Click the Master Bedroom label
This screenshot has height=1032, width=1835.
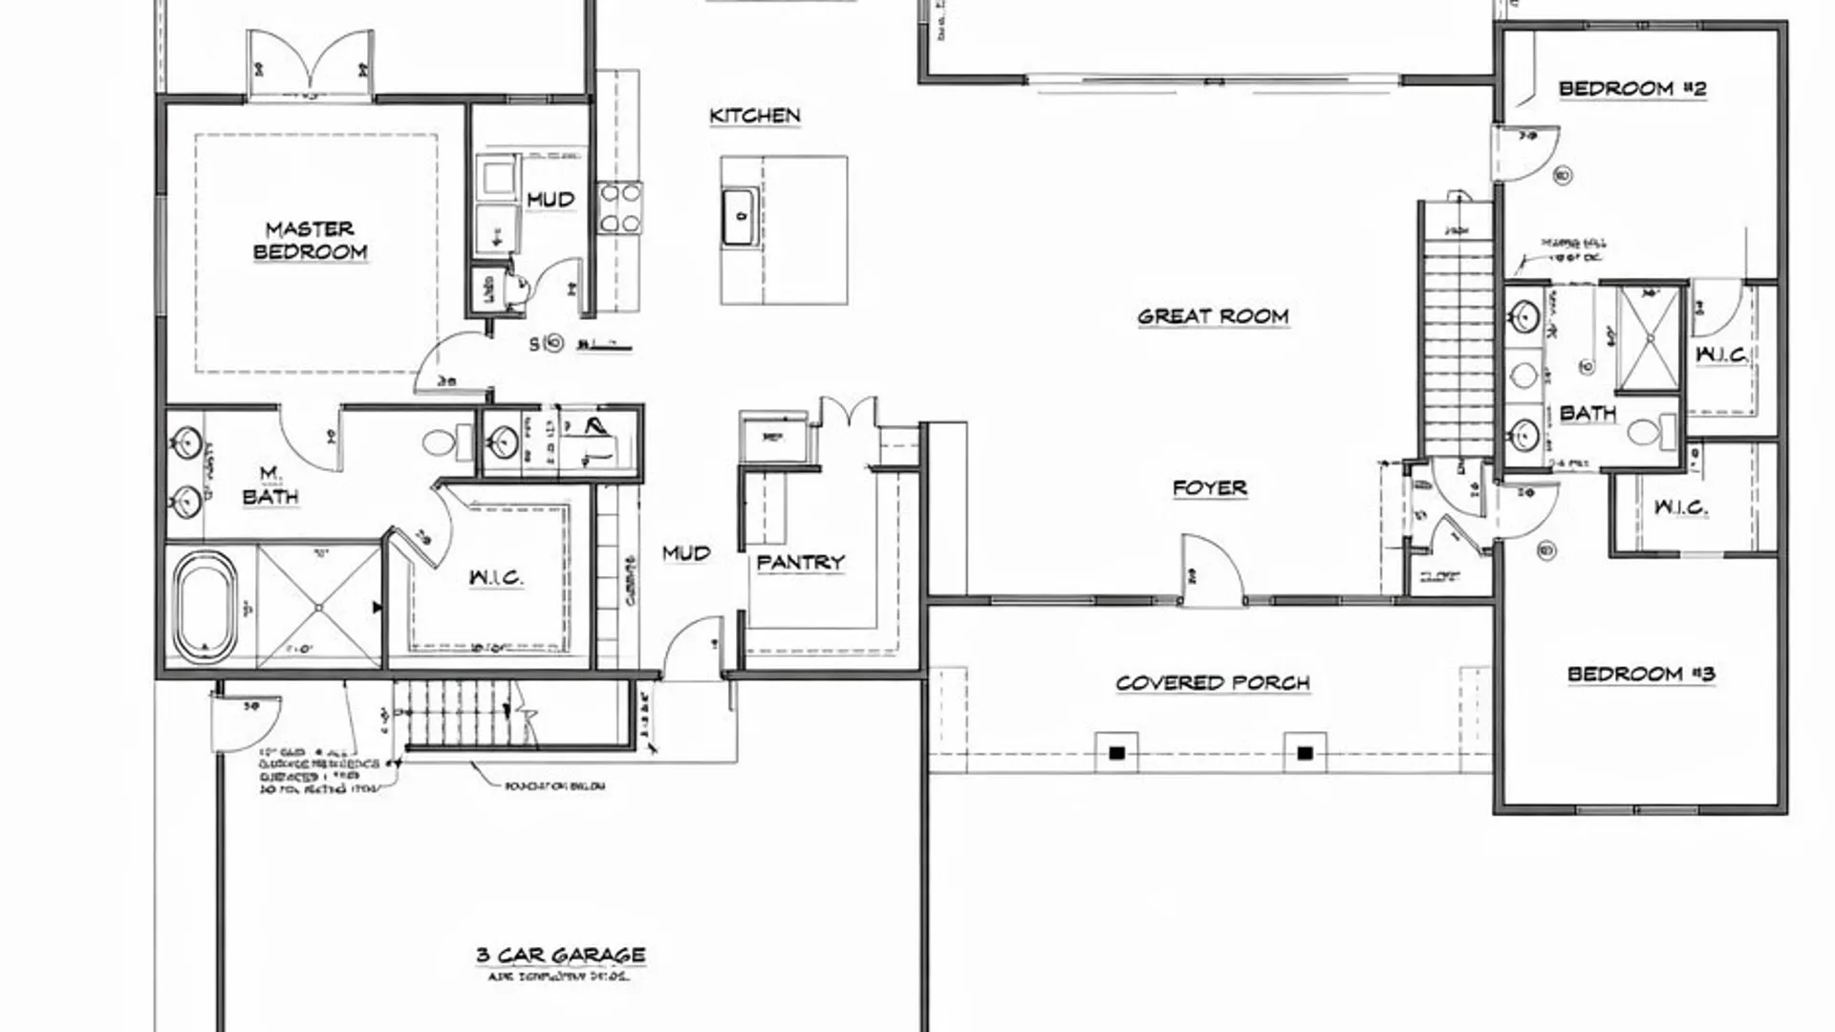point(310,240)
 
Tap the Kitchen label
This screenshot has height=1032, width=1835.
point(754,116)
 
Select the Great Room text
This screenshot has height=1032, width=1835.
point(1213,316)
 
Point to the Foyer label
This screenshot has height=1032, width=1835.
point(1209,488)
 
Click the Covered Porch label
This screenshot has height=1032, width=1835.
point(1212,683)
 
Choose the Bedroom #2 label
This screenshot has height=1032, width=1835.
point(1631,89)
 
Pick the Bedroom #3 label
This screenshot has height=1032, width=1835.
point(1640,675)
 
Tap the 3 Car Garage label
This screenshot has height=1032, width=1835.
point(560,955)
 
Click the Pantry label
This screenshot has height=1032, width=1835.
point(800,562)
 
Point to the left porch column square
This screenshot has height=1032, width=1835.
point(1116,753)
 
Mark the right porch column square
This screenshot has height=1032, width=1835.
point(1305,753)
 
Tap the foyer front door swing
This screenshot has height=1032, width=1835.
point(1211,570)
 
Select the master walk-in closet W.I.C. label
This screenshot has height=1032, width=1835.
point(496,577)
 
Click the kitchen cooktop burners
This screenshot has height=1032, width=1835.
point(619,207)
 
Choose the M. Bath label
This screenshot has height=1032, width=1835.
point(270,485)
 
